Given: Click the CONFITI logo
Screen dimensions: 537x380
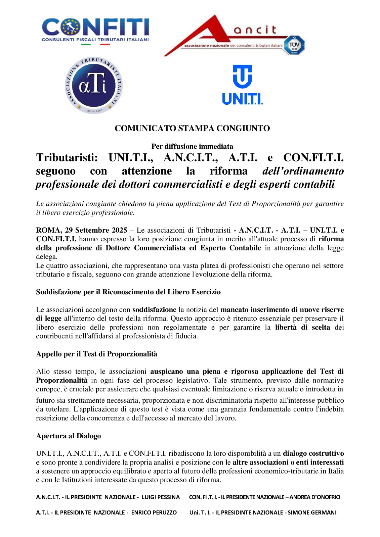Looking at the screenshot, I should pos(95,30).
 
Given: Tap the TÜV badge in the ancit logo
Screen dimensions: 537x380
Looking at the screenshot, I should pos(294,45).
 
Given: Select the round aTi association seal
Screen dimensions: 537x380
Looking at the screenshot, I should pos(93,85).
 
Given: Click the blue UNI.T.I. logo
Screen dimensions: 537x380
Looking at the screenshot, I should pos(242,85).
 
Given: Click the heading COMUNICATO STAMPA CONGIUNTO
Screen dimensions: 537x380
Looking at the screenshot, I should pos(192,129).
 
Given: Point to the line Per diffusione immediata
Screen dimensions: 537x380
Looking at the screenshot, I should pos(192,146).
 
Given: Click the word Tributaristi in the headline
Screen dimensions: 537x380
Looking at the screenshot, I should pos(67,157).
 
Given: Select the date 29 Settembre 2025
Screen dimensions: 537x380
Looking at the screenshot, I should pos(96,230).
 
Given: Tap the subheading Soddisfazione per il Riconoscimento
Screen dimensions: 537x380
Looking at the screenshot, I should pos(128,292).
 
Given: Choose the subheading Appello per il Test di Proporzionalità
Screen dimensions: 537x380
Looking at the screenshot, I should pos(97,354).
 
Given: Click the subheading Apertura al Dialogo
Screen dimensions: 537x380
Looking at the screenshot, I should pos(69,436).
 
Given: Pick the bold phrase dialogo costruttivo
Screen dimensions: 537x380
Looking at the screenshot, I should pos(313,453).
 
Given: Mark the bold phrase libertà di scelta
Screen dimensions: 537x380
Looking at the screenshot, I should pos(302,327).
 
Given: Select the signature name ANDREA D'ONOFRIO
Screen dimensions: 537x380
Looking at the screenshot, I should pos(315,497).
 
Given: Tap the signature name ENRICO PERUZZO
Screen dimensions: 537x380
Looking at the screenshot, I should pos(154,512).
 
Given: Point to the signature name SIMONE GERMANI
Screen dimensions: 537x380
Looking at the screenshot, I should pos(312,512).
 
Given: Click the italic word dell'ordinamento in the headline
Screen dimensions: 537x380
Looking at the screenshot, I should pos(303,171).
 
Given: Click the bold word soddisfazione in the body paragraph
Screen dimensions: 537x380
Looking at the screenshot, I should pos(154,310).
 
